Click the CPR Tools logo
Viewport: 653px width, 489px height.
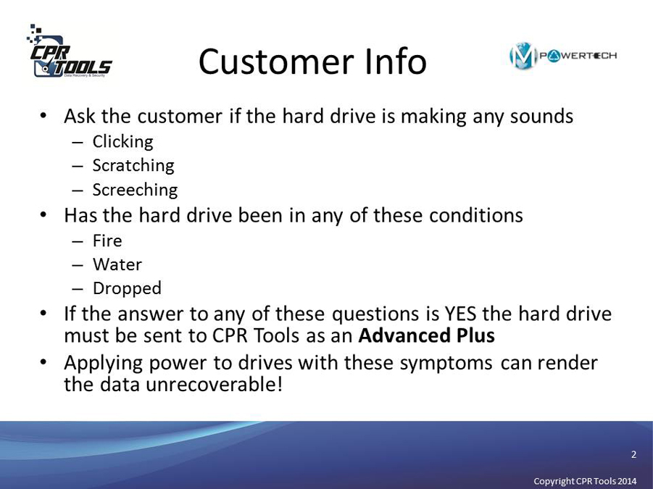[x=69, y=51]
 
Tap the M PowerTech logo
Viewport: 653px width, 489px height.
[x=563, y=56]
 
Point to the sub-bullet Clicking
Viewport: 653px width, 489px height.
[x=123, y=142]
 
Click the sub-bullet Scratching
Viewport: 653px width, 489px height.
[x=133, y=166]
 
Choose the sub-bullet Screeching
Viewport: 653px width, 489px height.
[x=135, y=190]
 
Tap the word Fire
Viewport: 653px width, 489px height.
[x=107, y=241]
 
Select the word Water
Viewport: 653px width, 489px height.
[x=117, y=264]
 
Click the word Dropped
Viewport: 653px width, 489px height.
[x=127, y=289]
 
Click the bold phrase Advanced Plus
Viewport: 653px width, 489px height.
[x=426, y=335]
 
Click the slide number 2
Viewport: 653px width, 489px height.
[x=633, y=454]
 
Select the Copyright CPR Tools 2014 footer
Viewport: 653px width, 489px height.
[x=585, y=481]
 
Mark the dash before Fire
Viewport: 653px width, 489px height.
[x=78, y=242]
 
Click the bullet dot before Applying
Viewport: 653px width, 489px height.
[x=43, y=362]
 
